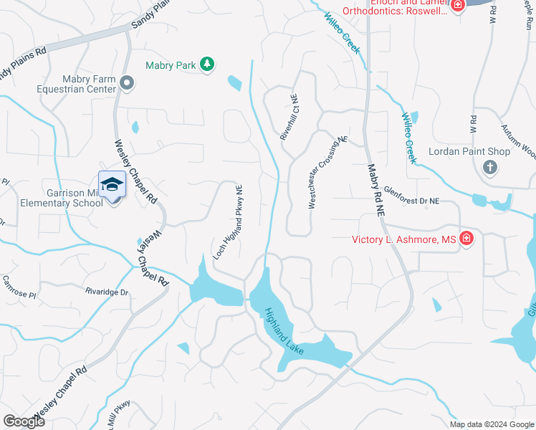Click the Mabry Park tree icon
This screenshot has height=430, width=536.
pos(206,65)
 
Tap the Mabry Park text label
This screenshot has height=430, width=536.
pos(171,65)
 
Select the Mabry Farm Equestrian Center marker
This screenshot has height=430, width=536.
pos(127,84)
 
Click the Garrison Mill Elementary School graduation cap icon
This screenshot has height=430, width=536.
pos(111,185)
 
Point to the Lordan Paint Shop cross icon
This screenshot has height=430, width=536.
pos(490,168)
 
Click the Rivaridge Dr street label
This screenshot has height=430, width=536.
pos(106,292)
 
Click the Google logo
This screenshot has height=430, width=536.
pos(24,421)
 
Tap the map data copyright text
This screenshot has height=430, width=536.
pos(492,424)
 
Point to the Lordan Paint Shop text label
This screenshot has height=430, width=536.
pos(469,151)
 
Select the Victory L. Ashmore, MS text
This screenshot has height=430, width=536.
pos(405,239)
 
